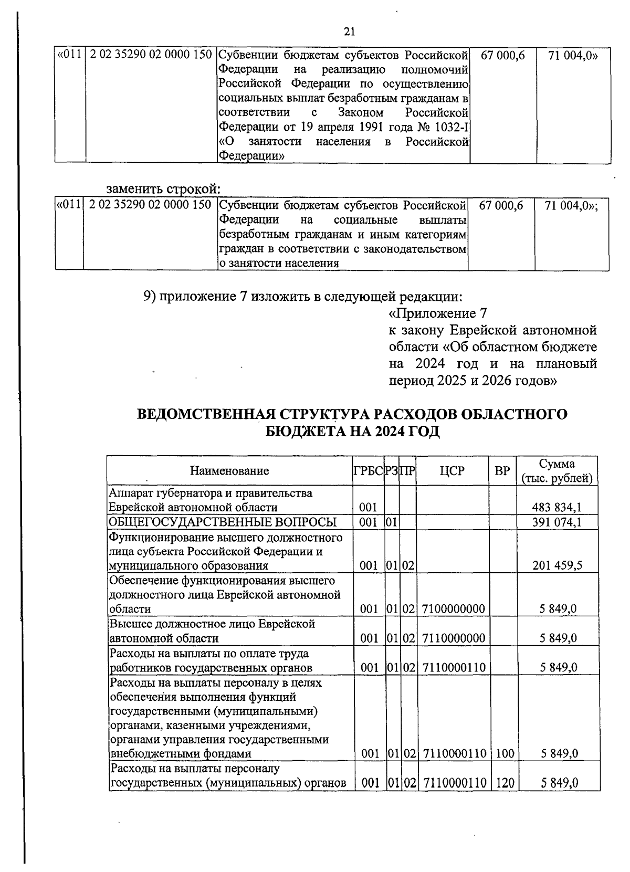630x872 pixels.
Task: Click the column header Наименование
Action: [x=229, y=470]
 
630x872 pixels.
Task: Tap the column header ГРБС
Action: [x=368, y=471]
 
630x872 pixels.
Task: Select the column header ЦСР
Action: [x=452, y=471]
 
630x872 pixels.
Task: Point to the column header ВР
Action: [x=502, y=471]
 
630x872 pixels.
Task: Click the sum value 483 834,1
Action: [x=557, y=507]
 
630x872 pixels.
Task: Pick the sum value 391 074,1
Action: [x=557, y=522]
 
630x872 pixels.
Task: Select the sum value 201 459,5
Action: [x=557, y=565]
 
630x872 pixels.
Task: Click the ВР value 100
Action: [x=504, y=754]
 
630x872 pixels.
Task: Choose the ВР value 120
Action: [x=504, y=783]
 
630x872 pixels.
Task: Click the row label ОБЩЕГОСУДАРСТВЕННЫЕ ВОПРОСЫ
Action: [x=222, y=522]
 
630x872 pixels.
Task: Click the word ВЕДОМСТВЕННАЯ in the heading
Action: [x=202, y=414]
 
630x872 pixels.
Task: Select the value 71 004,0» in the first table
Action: [x=572, y=56]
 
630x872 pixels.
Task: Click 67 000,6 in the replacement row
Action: [x=501, y=206]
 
